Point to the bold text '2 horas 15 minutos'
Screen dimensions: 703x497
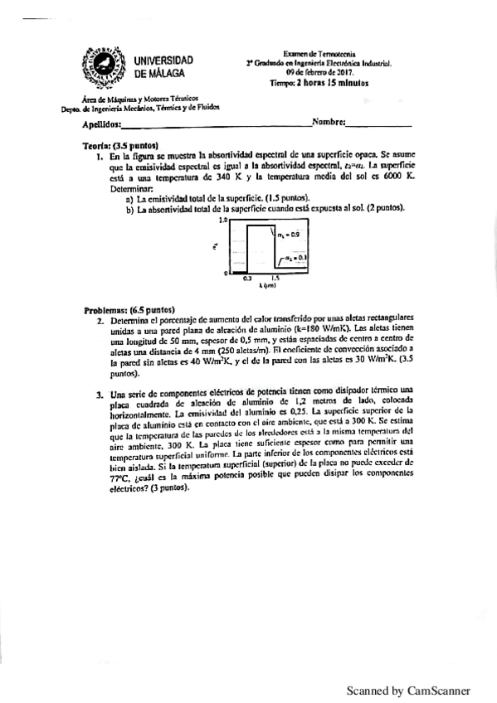coord(332,83)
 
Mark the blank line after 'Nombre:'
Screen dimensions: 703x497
coord(378,124)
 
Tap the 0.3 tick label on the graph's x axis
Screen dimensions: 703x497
coord(246,278)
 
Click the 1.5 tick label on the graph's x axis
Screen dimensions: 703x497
coord(274,278)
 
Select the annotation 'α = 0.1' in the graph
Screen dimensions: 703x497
coord(295,259)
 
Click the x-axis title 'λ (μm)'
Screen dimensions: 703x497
coord(267,286)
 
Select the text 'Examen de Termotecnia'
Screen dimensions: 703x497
coord(319,51)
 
